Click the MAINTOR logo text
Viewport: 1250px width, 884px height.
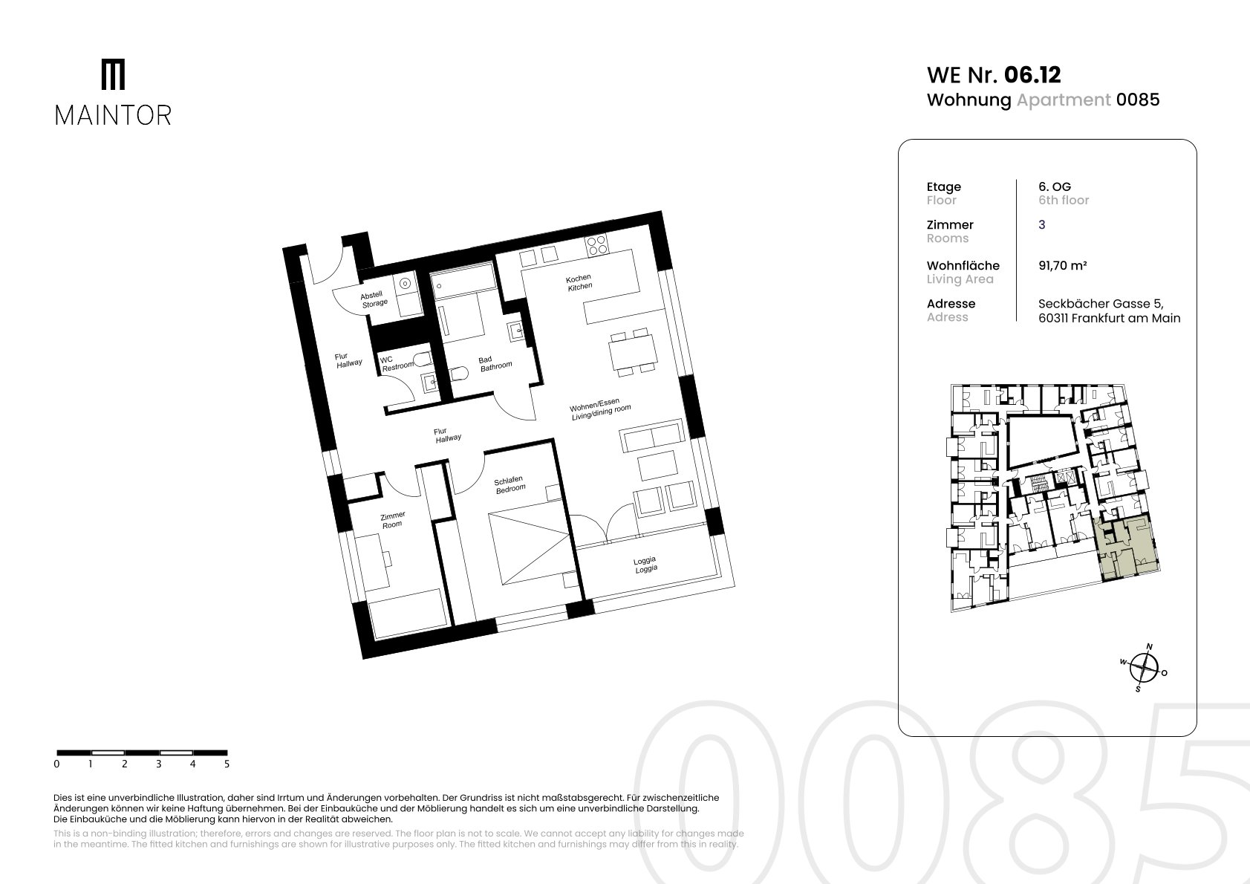(113, 116)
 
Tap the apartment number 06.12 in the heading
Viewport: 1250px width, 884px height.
(1032, 75)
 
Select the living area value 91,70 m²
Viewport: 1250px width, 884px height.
(1063, 266)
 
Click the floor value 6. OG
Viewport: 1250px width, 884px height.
(1055, 187)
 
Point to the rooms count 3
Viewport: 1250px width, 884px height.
(1042, 225)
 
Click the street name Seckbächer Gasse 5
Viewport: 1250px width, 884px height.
(1101, 304)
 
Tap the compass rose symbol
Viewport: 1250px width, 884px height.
(1144, 668)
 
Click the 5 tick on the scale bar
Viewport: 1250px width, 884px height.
(227, 764)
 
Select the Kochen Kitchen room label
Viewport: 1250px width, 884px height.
(579, 282)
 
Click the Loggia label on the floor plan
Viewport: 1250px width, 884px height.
(645, 565)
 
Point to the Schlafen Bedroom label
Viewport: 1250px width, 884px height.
(510, 484)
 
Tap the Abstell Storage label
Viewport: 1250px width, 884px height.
(374, 299)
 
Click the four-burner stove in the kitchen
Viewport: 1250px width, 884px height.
(596, 244)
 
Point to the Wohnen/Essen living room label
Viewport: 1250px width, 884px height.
(600, 409)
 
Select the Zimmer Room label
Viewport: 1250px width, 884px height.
(392, 520)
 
